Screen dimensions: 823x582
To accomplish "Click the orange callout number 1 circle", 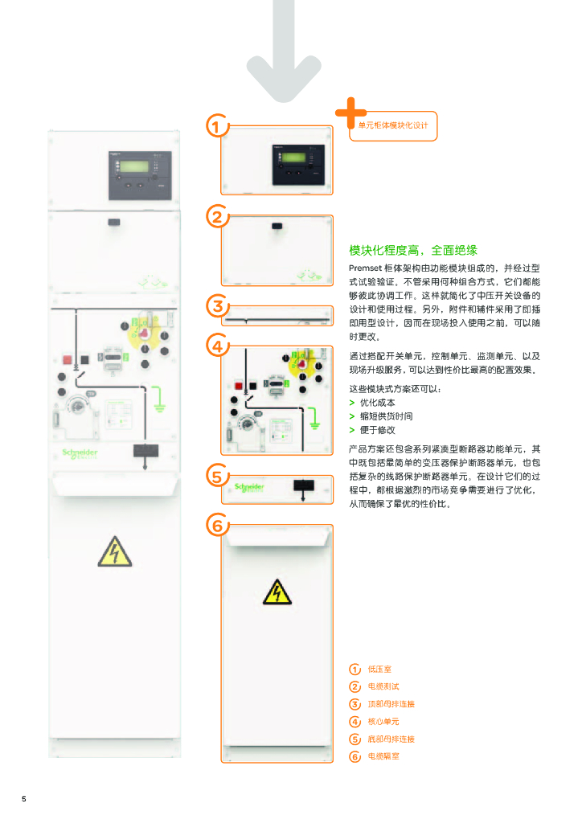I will tap(216, 126).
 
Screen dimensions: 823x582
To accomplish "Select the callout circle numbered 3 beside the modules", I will tap(216, 306).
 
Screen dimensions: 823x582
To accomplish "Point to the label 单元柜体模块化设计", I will tap(393, 126).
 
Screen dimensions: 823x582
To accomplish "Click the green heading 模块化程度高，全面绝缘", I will tap(414, 250).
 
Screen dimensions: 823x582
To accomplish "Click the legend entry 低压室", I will tap(378, 669).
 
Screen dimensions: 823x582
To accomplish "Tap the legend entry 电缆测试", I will tap(383, 686).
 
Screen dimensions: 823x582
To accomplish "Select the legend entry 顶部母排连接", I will tap(391, 704).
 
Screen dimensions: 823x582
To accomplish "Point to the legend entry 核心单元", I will tap(383, 722).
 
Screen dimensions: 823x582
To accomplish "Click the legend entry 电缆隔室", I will tap(383, 756).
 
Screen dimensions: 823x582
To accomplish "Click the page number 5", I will tap(24, 799).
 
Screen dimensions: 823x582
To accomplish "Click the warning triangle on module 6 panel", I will tap(277, 592).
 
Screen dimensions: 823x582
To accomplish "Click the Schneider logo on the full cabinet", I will tap(80, 454).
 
